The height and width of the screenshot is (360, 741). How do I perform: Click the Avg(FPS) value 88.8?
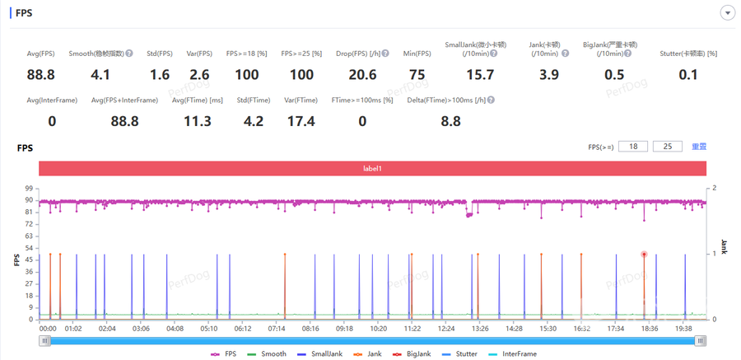click(40, 75)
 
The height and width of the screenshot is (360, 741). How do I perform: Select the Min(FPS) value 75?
click(417, 75)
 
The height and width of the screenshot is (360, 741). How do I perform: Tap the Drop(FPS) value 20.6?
click(362, 75)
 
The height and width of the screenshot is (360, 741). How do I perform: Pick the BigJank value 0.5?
click(614, 75)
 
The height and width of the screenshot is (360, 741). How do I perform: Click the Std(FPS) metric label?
click(160, 54)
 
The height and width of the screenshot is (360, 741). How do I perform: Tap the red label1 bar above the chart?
click(373, 168)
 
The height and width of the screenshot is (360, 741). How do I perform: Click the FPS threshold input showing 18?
click(633, 147)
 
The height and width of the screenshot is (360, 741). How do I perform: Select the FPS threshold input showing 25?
click(668, 147)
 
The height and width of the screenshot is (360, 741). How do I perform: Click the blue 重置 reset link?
click(699, 147)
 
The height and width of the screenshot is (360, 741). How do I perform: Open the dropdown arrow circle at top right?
click(727, 12)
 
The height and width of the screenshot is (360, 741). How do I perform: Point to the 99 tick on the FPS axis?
click(29, 189)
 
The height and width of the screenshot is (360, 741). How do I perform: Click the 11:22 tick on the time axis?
click(412, 328)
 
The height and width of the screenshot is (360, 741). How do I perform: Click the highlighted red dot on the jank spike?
click(644, 255)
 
